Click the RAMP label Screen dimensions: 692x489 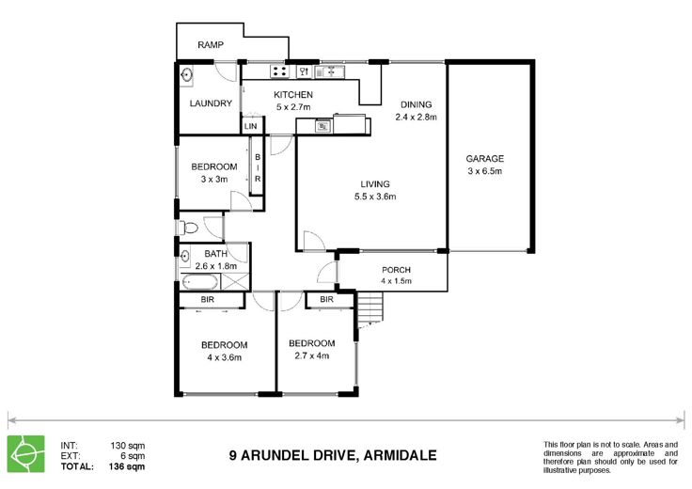211,44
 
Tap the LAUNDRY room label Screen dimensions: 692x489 211,103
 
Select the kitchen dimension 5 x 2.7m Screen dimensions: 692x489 293,107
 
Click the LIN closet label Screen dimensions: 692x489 250,126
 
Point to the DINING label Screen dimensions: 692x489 416,104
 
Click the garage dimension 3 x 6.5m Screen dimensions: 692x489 484,171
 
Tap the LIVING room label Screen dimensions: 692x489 375,184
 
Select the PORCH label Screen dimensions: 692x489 397,270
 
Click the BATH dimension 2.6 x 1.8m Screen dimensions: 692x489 216,266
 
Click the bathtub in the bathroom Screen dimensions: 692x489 200,282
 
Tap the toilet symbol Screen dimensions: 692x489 188,229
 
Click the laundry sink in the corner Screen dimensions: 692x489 186,74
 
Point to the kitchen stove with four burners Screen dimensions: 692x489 279,71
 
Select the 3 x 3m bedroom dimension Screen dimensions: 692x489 214,180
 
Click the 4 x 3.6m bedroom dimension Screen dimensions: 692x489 224,357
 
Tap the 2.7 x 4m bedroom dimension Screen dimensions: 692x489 311,355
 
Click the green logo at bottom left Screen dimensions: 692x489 26,454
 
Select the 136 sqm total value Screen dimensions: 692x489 127,466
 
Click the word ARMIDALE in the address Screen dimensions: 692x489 400,455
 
